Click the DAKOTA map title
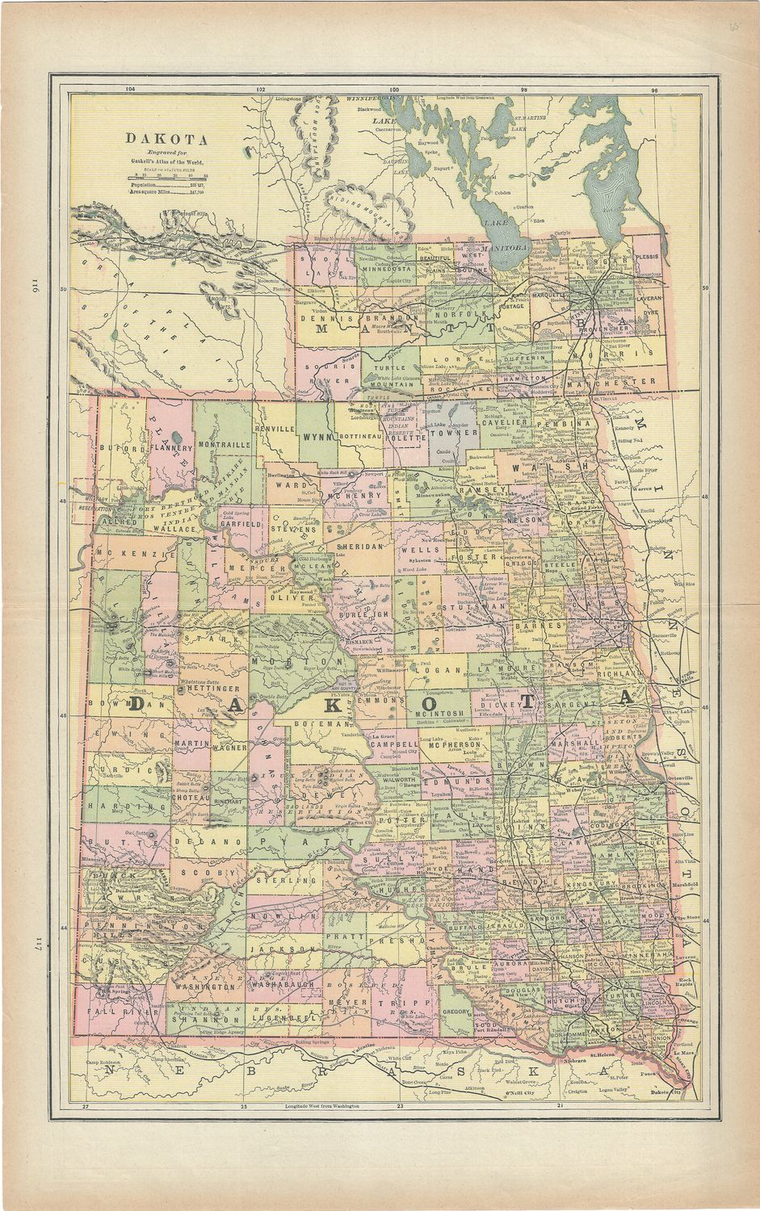[166, 139]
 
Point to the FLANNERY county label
[170, 446]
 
